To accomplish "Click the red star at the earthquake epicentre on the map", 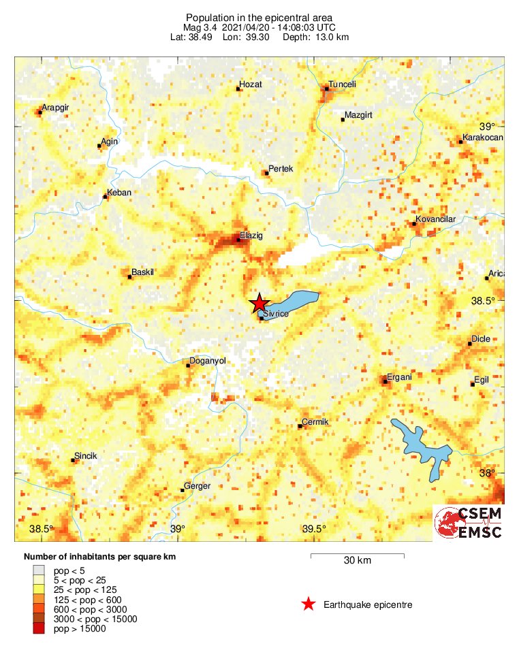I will pos(258,304).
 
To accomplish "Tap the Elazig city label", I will pos(251,235).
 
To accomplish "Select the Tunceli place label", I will pos(343,84).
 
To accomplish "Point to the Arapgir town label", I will pos(56,108).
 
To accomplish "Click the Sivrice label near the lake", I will pos(277,313).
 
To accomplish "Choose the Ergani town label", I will pos(399,377).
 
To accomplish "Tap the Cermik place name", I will pos(315,422).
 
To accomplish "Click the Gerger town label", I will pos(198,486).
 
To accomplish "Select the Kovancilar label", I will pos(435,219).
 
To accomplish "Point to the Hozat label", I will pos(250,84).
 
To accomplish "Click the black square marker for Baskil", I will pos(129,276).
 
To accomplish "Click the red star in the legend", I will pos(309,604).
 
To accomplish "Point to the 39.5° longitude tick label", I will pos(314,529).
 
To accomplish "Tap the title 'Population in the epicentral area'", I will pos(259,17).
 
